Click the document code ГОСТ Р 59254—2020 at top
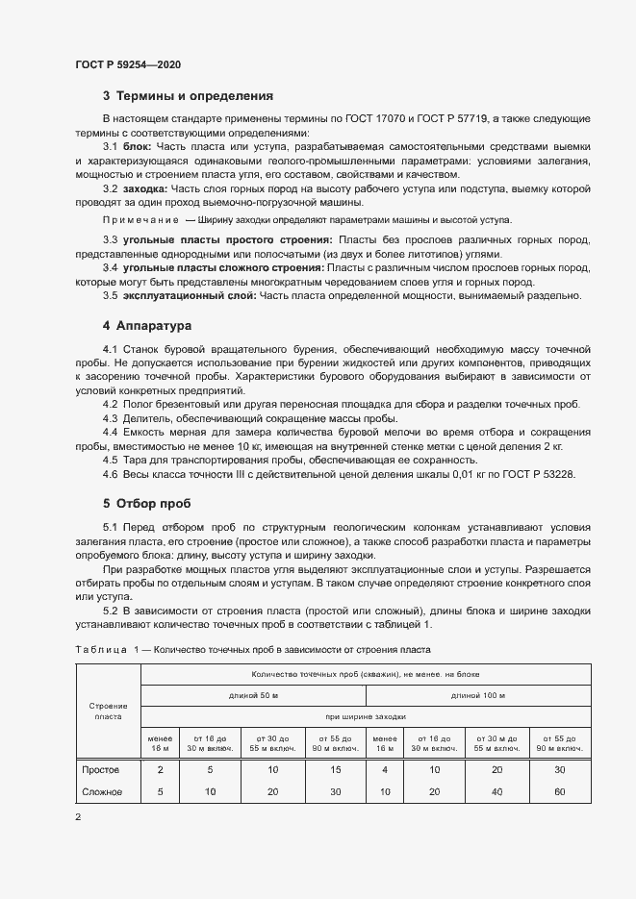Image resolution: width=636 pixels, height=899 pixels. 128,64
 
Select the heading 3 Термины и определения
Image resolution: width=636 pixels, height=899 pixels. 188,96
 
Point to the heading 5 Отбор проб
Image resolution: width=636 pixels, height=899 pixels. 146,503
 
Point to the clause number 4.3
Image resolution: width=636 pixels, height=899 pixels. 111,418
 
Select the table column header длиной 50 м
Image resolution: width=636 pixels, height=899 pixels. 254,694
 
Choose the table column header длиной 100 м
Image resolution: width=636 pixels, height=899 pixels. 478,694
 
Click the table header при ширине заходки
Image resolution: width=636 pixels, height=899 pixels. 366,716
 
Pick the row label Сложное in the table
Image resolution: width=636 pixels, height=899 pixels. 102,791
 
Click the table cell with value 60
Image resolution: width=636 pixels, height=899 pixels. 560,791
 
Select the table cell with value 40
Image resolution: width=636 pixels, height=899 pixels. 496,791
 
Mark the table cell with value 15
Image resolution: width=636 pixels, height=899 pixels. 335,769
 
